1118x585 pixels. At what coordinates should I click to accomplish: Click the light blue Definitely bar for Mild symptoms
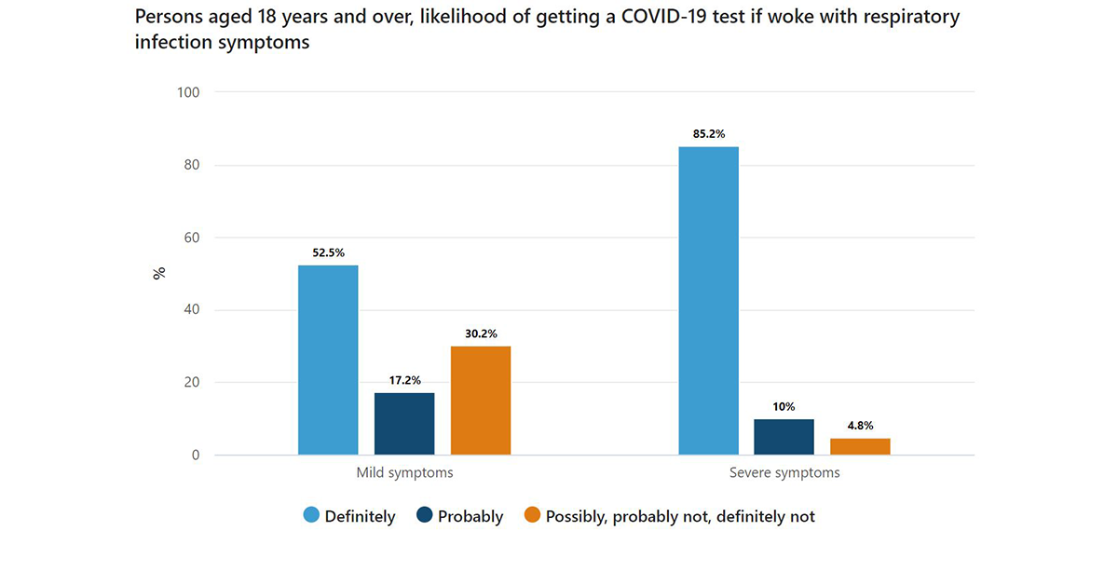point(328,360)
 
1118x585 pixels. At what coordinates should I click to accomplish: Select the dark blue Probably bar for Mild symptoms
point(404,424)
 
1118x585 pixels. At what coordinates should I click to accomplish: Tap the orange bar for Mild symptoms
point(481,401)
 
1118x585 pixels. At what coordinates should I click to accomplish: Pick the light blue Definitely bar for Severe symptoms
point(708,300)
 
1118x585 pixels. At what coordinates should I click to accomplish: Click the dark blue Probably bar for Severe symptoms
point(784,437)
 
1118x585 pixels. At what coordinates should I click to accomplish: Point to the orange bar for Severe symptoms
point(860,446)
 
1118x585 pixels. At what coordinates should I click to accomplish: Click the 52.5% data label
point(328,252)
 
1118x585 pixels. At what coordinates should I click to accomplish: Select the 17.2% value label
point(404,380)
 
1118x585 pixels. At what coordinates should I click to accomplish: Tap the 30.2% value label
point(481,333)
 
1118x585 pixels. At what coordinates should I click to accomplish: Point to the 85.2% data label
point(708,133)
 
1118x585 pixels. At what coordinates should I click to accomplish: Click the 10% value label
point(784,406)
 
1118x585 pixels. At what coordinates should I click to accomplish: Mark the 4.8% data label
point(860,425)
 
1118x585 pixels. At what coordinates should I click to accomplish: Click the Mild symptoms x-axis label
point(404,472)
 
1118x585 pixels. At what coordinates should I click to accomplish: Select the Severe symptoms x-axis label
point(784,472)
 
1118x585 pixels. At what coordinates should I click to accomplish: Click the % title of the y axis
point(159,273)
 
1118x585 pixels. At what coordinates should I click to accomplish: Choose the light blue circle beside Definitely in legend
point(310,515)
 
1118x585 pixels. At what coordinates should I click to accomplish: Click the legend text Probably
point(470,516)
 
